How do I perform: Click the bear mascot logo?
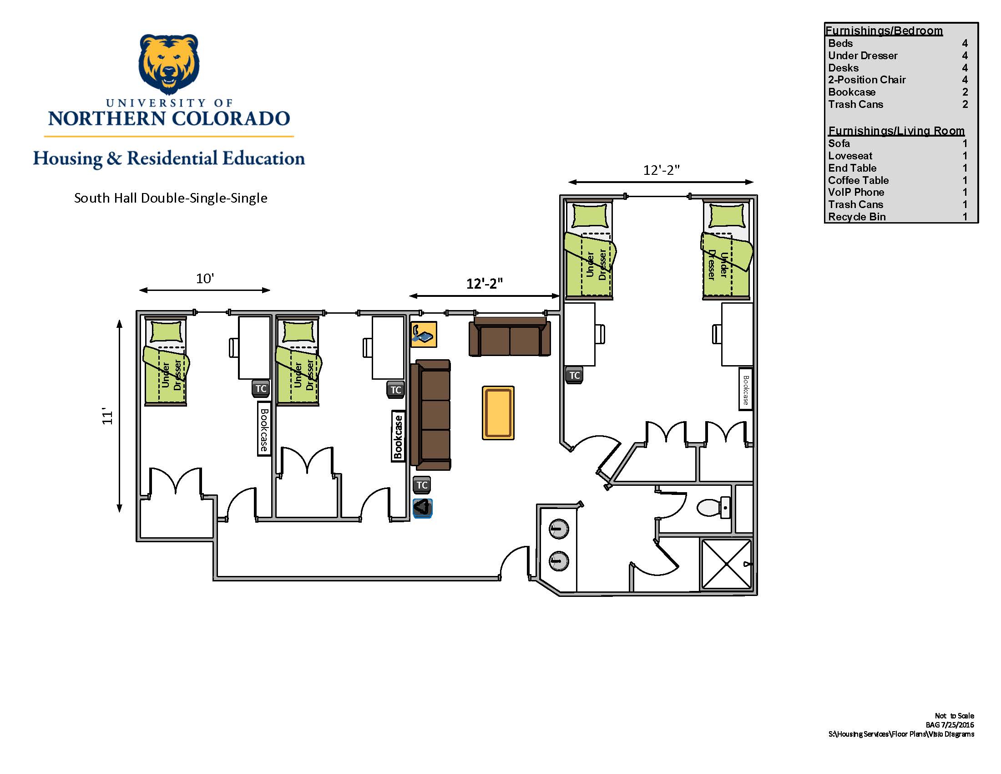169,64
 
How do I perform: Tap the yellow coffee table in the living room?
498,412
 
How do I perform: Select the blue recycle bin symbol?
422,508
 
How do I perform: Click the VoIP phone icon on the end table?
423,334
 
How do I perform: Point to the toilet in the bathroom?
713,508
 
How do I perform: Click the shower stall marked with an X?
727,564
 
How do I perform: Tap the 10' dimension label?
205,278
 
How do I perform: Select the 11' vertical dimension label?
107,416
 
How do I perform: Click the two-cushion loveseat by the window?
509,336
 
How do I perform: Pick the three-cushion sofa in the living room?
430,415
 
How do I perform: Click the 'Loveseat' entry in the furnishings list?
850,156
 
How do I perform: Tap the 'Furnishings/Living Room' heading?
896,131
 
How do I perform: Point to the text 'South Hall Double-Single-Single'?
171,198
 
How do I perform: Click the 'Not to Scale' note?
954,716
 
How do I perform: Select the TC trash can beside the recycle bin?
422,485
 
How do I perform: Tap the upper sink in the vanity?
558,529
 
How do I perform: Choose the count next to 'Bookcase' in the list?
965,92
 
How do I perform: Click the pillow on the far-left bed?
166,331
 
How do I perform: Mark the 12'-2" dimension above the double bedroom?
661,170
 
